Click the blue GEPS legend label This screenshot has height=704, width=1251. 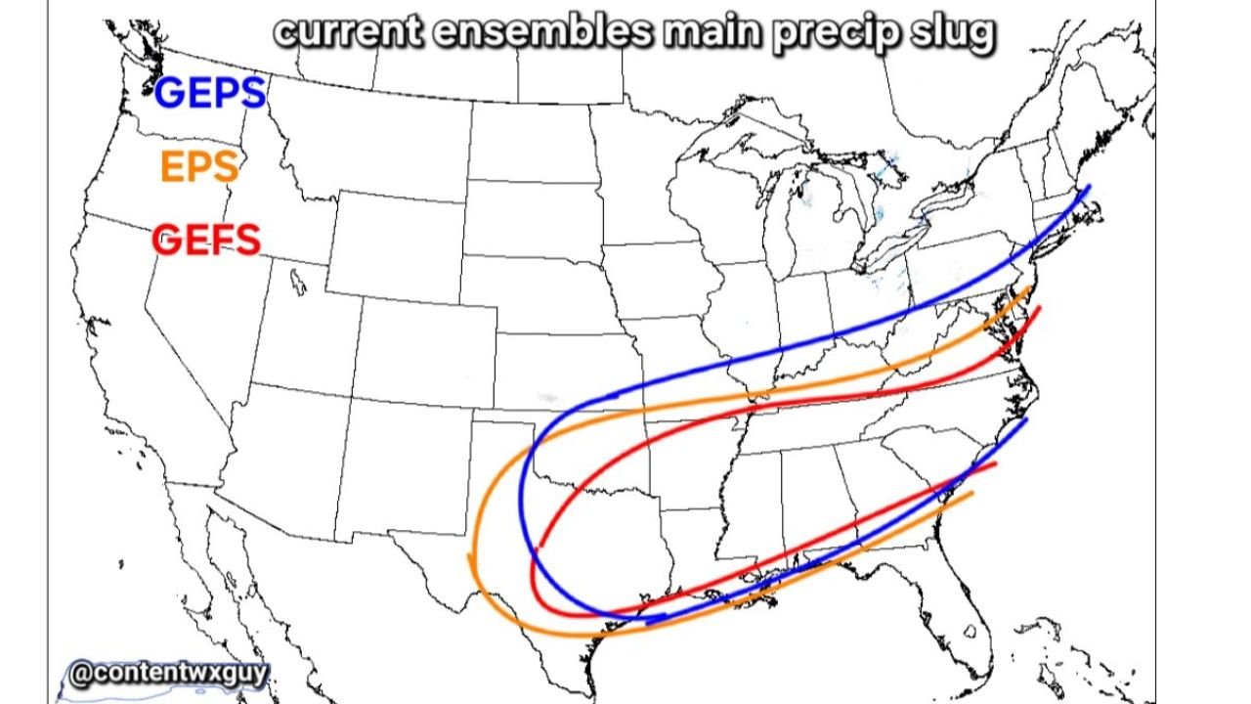210,93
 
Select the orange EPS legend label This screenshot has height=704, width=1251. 199,167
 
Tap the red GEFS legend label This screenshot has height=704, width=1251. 206,240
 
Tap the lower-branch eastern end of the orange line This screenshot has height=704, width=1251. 971,493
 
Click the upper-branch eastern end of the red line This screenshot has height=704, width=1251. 1039,308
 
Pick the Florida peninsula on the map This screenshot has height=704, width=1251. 963,606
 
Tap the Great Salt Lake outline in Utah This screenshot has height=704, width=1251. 296,283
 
